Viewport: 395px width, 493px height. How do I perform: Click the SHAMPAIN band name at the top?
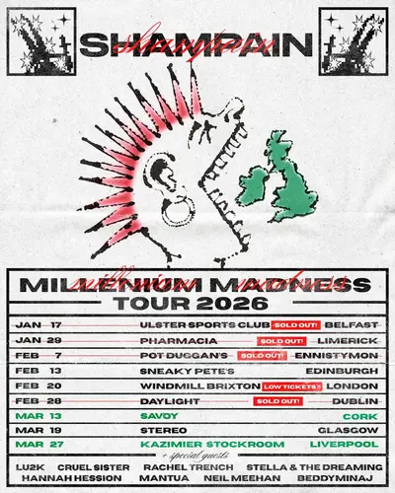click(197, 45)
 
